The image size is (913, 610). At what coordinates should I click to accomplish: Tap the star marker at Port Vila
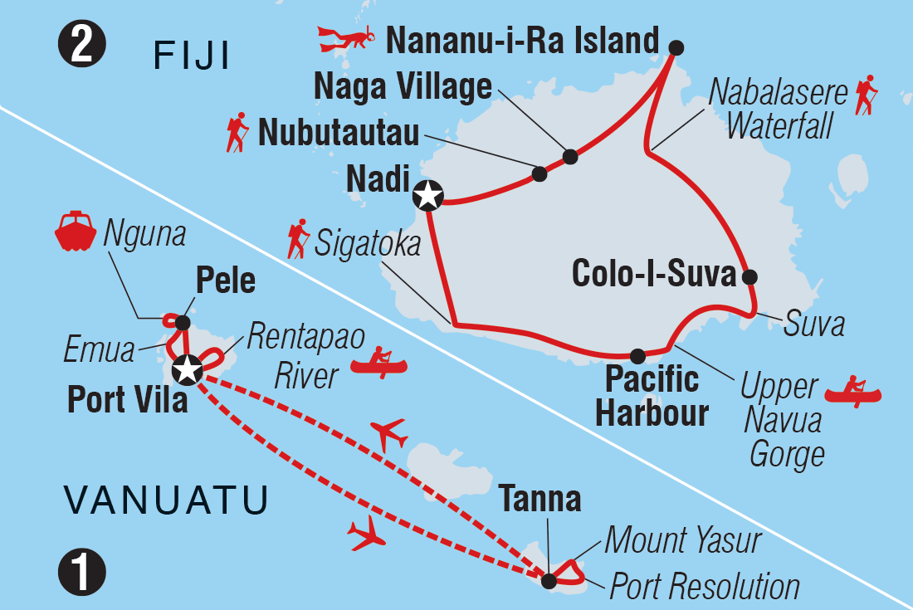point(188,370)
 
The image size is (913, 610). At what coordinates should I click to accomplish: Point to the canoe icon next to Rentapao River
point(378,362)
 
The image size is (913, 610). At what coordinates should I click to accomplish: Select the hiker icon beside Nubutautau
point(237,134)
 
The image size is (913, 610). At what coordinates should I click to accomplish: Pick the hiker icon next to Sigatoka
point(297,239)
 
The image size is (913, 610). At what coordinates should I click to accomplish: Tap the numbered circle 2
point(82,46)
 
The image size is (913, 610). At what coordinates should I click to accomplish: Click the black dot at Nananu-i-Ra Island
point(676,47)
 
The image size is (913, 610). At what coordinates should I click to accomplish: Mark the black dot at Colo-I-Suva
point(749,276)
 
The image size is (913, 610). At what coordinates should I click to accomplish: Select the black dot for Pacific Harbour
point(637,356)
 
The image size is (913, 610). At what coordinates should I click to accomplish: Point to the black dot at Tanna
point(549,581)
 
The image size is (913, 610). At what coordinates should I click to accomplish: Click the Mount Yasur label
point(682,541)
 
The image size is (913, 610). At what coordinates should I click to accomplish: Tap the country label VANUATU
point(166,500)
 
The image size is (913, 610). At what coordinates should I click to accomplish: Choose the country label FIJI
point(192,58)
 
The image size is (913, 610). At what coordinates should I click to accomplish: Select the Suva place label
point(813,324)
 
